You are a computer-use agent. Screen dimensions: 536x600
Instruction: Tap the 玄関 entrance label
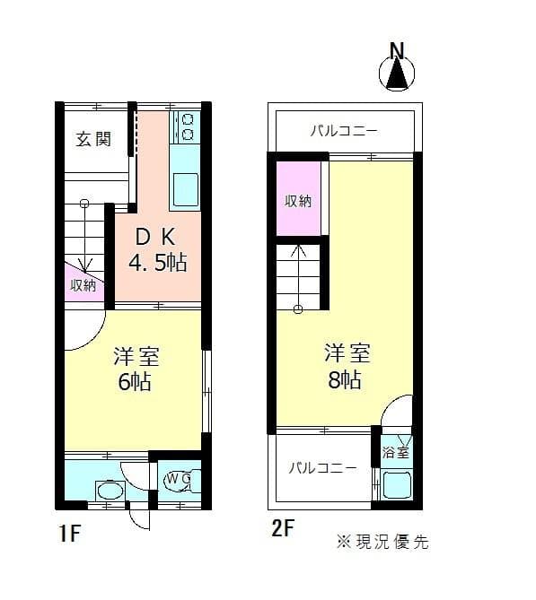tap(93, 139)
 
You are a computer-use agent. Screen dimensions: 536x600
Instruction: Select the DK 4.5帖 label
tap(158, 249)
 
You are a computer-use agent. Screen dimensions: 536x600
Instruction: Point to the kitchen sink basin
tap(186, 190)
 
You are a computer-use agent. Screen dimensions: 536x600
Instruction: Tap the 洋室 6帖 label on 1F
tap(136, 369)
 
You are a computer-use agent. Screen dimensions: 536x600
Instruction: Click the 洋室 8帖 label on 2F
tap(347, 366)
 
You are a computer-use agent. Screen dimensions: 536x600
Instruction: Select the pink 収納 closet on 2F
tap(298, 198)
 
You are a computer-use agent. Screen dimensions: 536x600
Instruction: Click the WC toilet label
tap(178, 478)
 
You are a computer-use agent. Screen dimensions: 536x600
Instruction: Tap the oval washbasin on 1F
tap(110, 491)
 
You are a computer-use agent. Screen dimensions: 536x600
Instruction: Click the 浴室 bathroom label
tap(396, 452)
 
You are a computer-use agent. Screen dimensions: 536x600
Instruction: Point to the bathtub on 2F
tap(397, 485)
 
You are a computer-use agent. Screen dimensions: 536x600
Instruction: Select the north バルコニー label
tap(344, 131)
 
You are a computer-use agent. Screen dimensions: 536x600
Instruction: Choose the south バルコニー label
tap(322, 467)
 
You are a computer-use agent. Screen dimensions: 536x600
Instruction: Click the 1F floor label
tap(70, 533)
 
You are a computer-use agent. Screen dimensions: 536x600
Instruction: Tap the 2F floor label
tap(283, 529)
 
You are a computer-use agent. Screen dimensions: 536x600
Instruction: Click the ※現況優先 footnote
tap(382, 542)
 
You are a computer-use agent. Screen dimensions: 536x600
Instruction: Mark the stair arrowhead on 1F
tap(85, 265)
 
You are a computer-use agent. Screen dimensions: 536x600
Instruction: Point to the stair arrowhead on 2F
tap(298, 250)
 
